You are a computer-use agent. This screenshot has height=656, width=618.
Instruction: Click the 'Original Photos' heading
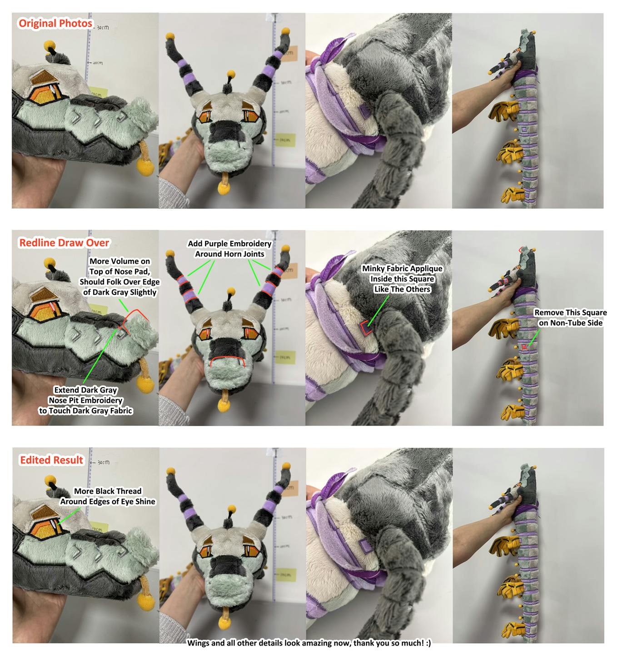pyautogui.click(x=55, y=24)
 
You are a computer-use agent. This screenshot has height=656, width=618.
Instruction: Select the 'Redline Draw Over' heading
pyautogui.click(x=64, y=243)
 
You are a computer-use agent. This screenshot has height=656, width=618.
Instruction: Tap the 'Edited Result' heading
pyautogui.click(x=51, y=460)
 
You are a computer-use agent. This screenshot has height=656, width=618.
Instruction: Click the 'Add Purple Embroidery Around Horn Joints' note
pyautogui.click(x=229, y=248)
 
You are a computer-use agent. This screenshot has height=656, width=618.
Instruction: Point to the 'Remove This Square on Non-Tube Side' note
pyautogui.click(x=570, y=318)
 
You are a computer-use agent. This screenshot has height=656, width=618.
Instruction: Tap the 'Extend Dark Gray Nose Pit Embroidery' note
pyautogui.click(x=85, y=400)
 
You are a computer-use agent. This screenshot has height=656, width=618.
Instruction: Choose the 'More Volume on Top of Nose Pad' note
pyautogui.click(x=120, y=277)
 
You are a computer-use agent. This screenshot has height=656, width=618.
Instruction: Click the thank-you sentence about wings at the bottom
pyautogui.click(x=309, y=643)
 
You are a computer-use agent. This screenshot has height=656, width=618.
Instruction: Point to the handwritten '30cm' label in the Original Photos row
pyautogui.click(x=103, y=27)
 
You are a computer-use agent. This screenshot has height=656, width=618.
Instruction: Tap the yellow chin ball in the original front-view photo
pyautogui.click(x=224, y=188)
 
